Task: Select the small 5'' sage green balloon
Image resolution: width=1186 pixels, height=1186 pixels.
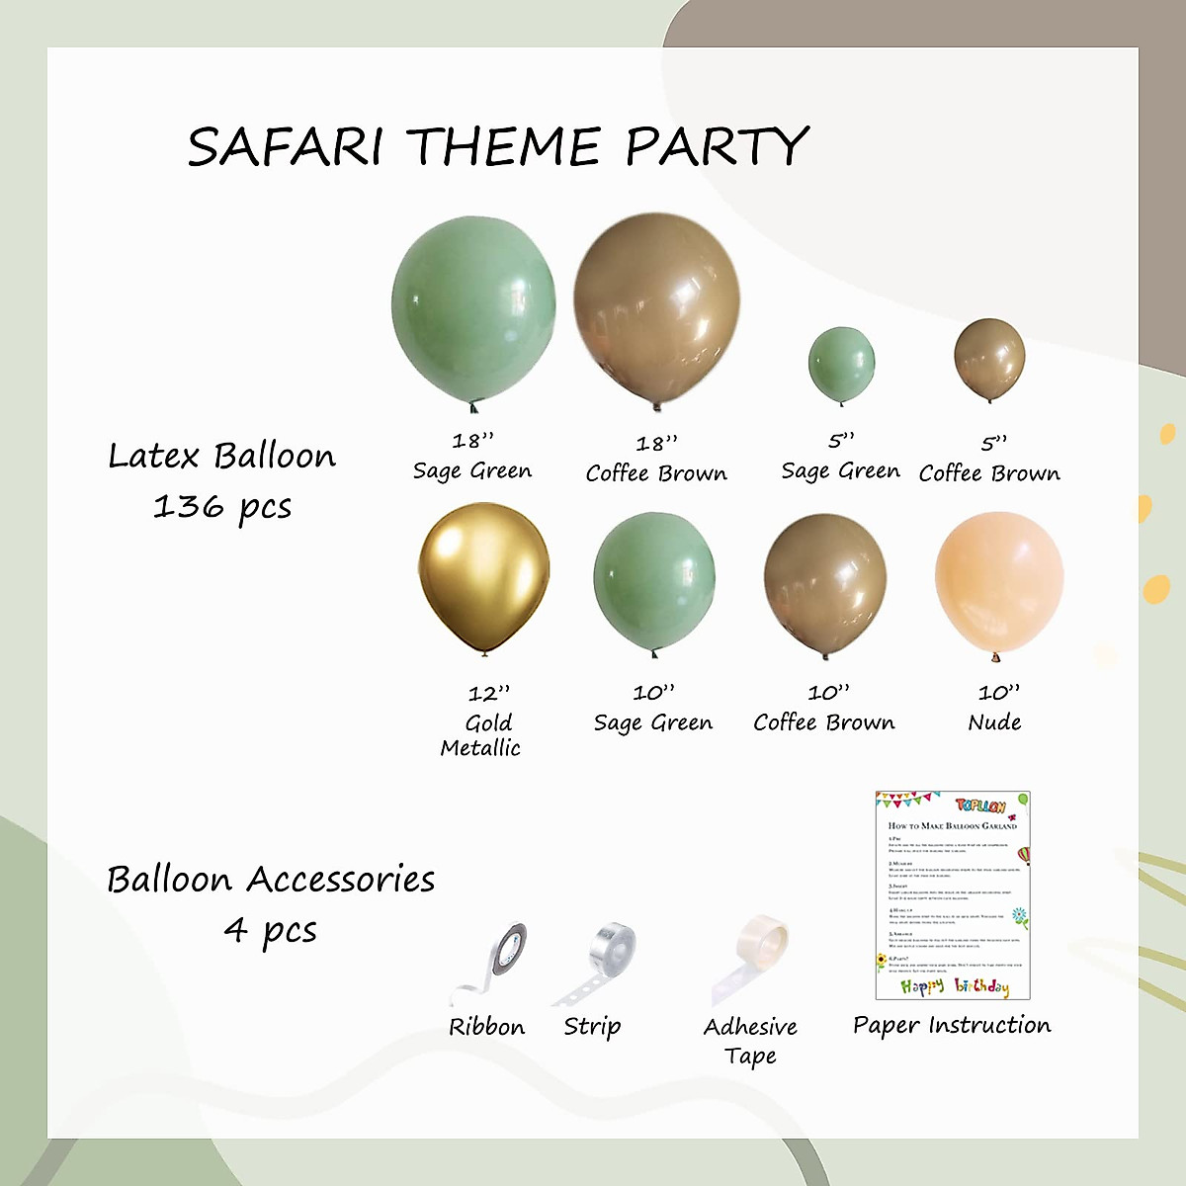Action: click(x=841, y=363)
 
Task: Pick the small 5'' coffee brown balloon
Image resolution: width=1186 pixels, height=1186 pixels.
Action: click(x=989, y=358)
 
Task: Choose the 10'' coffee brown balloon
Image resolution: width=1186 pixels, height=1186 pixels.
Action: click(x=825, y=583)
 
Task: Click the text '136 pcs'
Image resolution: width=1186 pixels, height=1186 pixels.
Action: click(x=222, y=507)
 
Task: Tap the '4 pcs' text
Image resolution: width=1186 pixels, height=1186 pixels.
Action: click(x=270, y=931)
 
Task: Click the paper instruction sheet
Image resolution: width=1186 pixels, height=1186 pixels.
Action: click(x=953, y=894)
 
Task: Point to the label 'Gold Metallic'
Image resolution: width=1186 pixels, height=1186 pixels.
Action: click(x=481, y=735)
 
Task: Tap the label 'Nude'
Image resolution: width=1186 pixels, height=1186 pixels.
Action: click(x=995, y=722)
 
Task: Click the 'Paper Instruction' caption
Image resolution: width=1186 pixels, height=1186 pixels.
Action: click(x=952, y=1025)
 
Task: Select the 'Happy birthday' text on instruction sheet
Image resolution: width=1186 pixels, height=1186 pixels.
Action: click(x=954, y=985)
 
